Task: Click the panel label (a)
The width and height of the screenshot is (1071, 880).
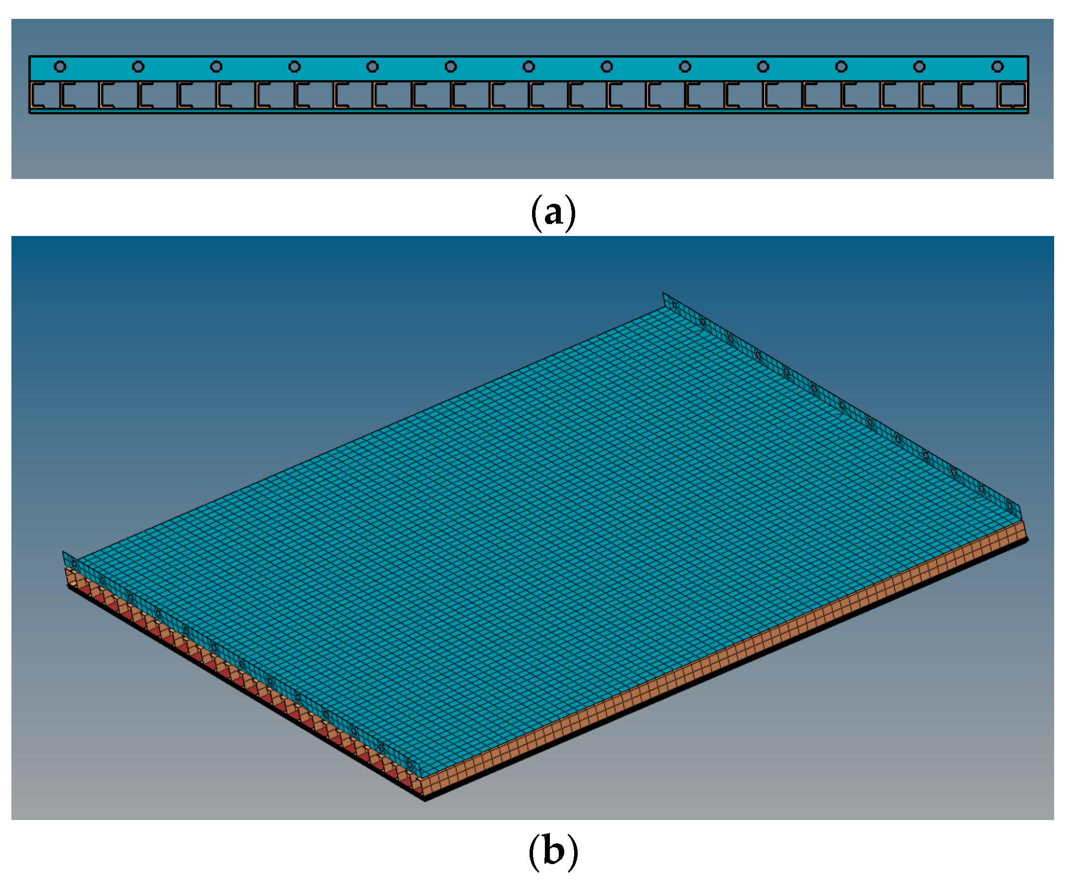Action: click(x=553, y=213)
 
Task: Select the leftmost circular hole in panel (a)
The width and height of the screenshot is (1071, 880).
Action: click(x=60, y=66)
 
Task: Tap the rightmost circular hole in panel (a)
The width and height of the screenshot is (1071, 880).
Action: click(x=998, y=66)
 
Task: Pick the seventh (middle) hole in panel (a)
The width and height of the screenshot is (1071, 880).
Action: click(x=529, y=66)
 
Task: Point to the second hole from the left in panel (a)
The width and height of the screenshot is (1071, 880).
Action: click(x=138, y=66)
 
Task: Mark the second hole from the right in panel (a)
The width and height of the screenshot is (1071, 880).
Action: click(x=919, y=66)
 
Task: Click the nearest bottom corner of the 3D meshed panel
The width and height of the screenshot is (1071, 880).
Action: click(x=425, y=798)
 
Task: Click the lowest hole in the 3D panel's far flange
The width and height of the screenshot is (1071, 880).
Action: click(x=1010, y=507)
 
